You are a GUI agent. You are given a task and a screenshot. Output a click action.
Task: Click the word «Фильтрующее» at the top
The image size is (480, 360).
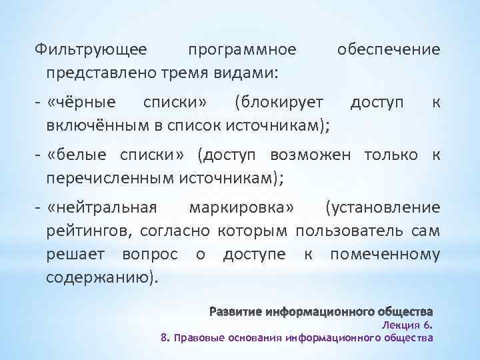pos(93,50)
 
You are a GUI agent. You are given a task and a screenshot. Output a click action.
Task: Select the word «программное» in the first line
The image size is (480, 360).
pos(242,50)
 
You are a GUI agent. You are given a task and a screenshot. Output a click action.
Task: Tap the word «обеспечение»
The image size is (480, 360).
pos(389,50)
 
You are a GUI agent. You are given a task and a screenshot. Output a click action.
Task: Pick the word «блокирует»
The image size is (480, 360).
pos(279,103)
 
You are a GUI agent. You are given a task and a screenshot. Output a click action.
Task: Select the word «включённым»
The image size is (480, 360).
pos(88,124)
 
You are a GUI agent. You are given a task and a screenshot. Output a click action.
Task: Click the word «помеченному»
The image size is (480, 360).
pos(385,254)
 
